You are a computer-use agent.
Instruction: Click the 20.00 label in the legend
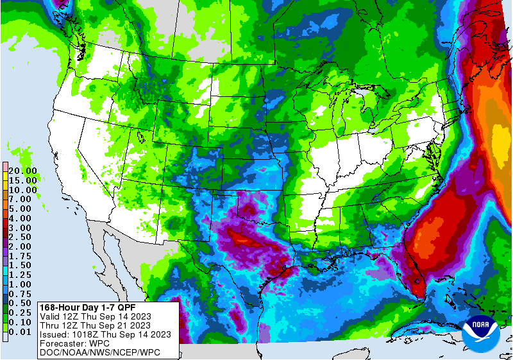click(x=23, y=171)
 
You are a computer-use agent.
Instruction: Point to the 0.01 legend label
click(x=23, y=332)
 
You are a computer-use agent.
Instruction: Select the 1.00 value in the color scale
click(x=23, y=284)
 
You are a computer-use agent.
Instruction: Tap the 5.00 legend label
click(x=23, y=209)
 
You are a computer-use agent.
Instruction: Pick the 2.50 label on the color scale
click(x=23, y=237)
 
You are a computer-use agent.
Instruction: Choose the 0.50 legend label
click(x=23, y=303)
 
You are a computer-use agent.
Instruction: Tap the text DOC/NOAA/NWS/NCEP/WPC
click(x=99, y=352)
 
